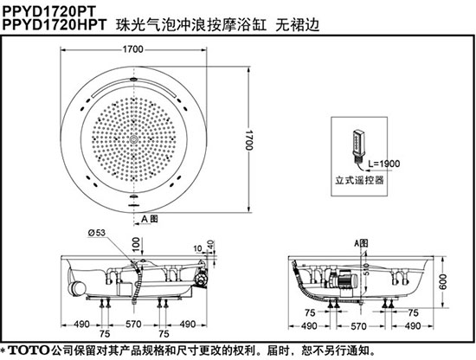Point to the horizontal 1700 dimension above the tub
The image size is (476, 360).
pyautogui.click(x=133, y=48)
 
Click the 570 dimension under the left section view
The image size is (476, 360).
pyautogui.click(x=133, y=325)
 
